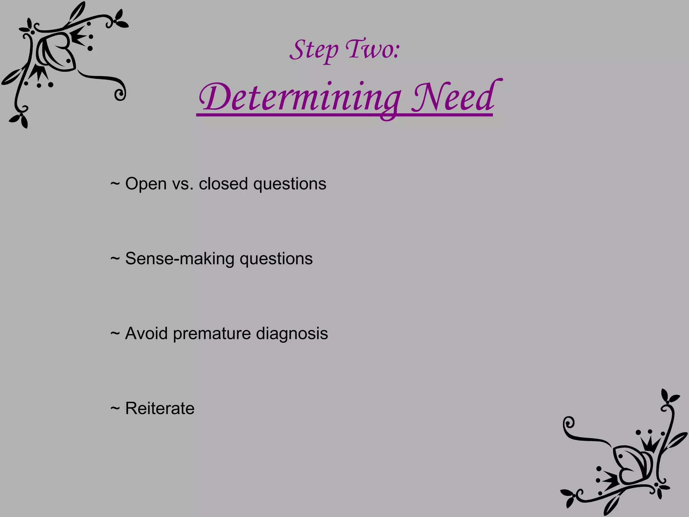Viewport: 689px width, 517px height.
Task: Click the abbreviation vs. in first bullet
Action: point(183,184)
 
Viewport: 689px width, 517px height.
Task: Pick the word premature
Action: point(212,334)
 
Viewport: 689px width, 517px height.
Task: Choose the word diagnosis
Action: point(292,334)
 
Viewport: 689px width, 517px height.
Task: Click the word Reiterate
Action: point(160,409)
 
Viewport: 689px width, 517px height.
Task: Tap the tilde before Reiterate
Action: point(115,409)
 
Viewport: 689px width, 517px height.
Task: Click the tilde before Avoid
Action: point(115,334)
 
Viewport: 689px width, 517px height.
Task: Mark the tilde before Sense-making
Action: point(115,259)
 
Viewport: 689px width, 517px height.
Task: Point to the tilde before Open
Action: point(115,184)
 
